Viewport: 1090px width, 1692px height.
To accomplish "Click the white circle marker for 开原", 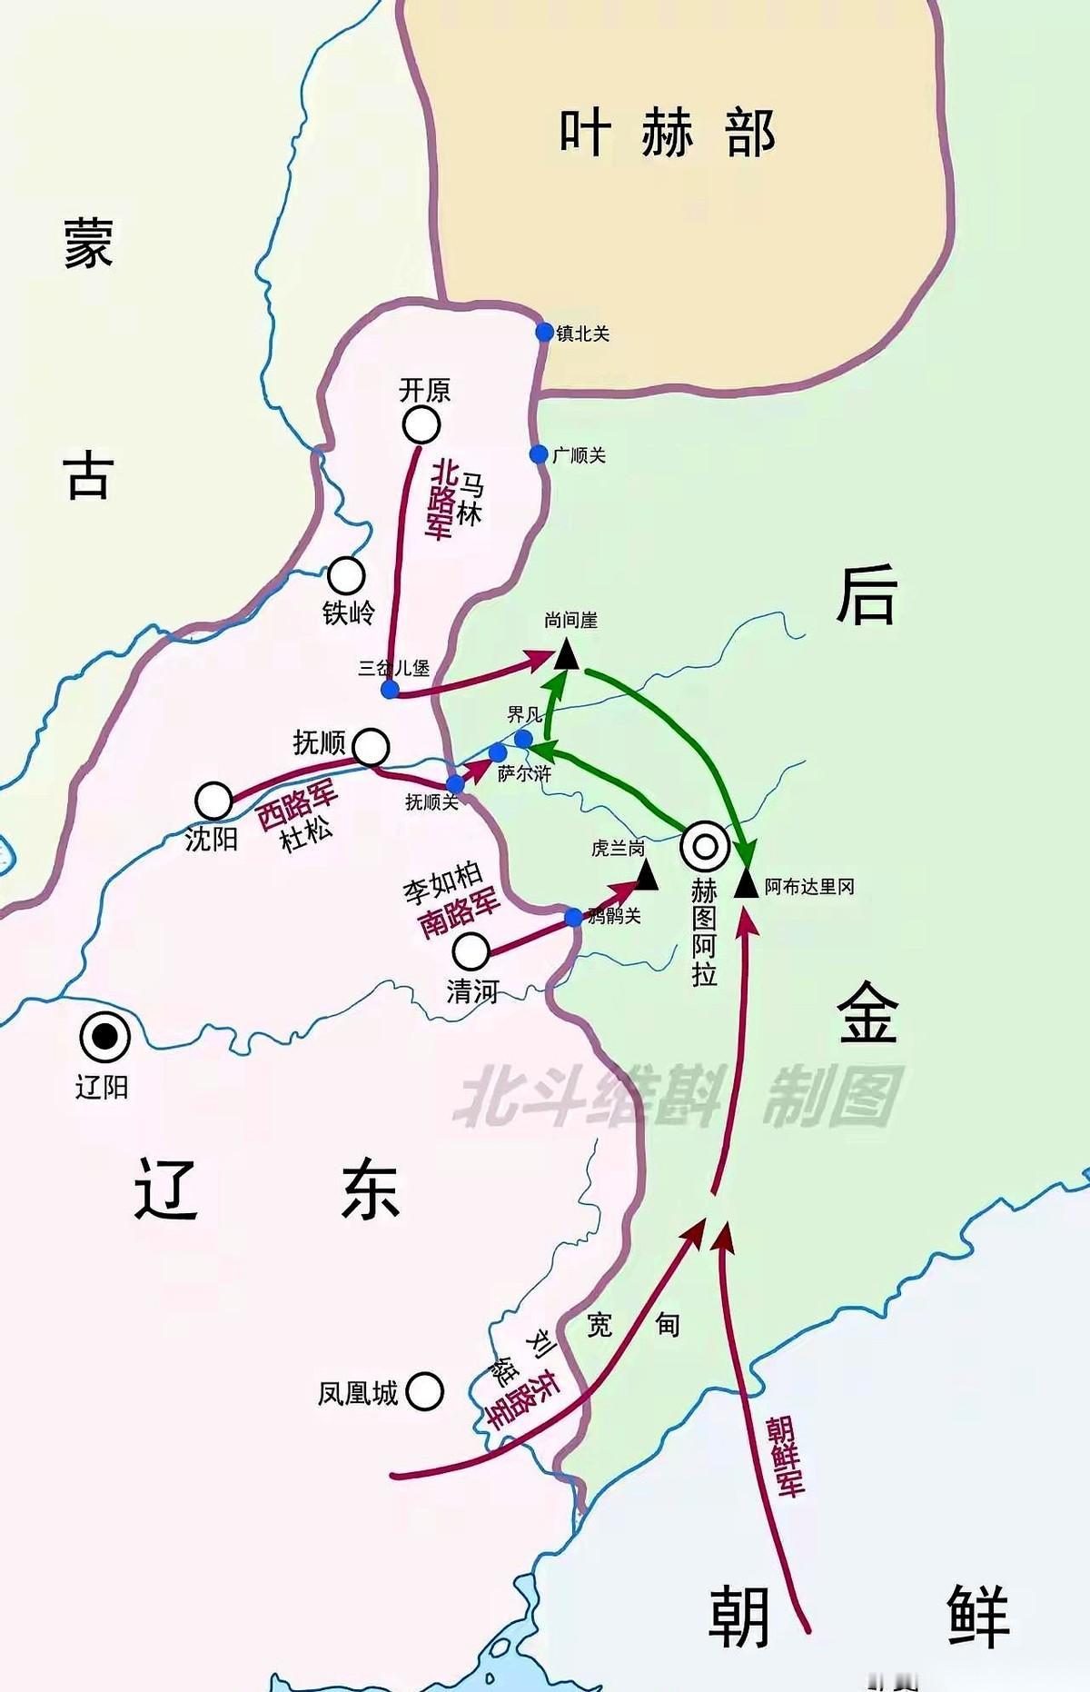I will coord(421,424).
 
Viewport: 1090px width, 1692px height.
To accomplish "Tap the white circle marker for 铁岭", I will coord(346,575).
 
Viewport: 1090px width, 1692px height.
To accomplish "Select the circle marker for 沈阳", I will coord(213,801).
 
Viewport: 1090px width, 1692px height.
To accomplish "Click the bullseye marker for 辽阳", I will coord(104,1037).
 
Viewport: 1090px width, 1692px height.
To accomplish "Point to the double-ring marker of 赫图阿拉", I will coord(705,847).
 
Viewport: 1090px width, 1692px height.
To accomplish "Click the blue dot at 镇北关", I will coord(544,332).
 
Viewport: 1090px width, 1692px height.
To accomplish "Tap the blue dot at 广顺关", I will coord(539,453).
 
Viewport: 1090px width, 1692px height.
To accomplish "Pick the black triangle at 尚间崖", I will coord(567,654).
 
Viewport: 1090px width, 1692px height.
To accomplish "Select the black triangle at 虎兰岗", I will coord(646,876).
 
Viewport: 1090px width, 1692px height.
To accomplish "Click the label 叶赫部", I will coord(667,133).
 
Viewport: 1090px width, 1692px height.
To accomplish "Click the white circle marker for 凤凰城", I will coord(424,1391).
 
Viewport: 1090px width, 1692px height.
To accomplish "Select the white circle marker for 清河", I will coord(471,951).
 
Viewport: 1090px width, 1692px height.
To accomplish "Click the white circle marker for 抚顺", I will coord(371,747).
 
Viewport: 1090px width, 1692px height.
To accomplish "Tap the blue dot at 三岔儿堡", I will coord(390,689).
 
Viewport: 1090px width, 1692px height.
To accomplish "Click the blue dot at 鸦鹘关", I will coord(573,917).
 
